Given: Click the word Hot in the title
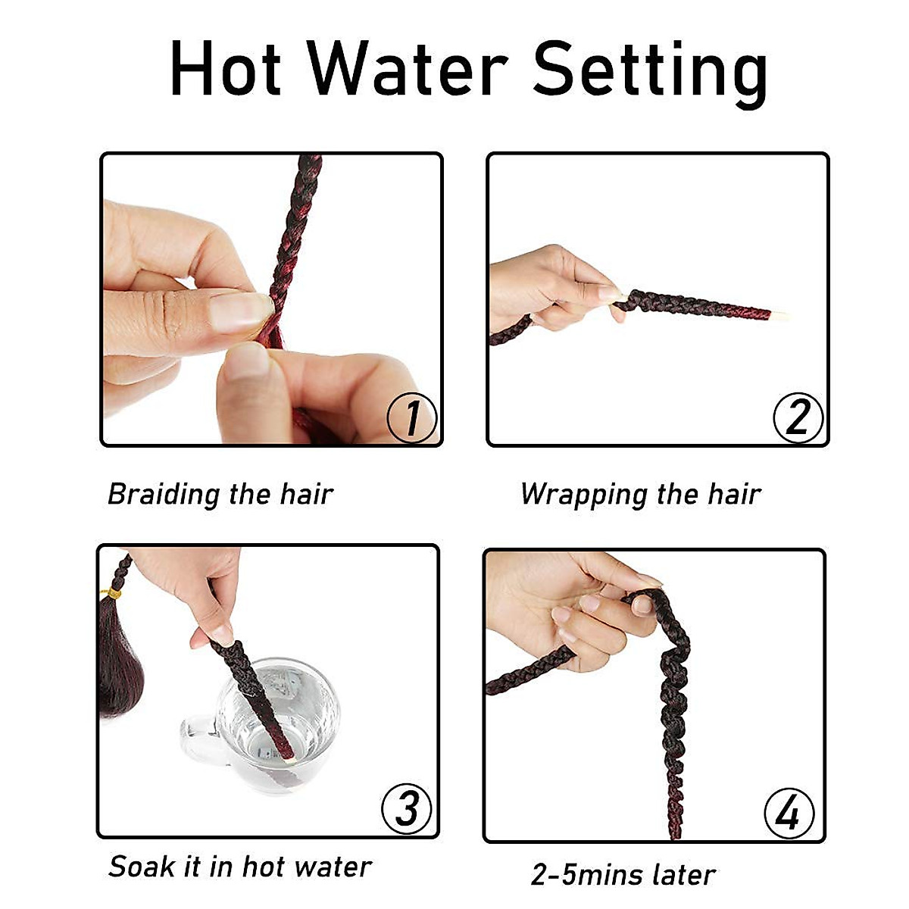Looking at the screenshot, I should [x=226, y=70].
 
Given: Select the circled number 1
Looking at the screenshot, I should [x=411, y=417].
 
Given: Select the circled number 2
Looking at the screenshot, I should [x=798, y=417].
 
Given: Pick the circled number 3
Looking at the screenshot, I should [x=407, y=808].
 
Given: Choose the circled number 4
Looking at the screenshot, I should [x=789, y=814].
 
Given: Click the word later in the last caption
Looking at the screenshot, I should [x=684, y=875].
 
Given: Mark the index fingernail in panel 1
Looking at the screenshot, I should [x=240, y=311].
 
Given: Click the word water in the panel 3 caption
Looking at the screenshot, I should [x=333, y=867].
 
